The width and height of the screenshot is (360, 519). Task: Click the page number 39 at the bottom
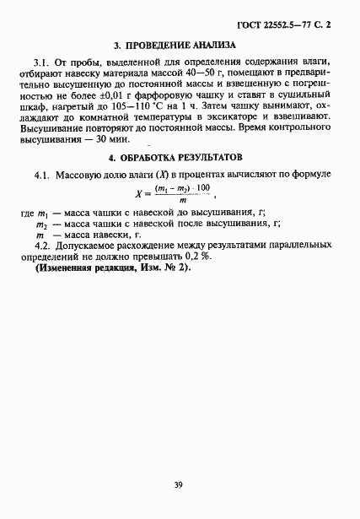[x=179, y=484]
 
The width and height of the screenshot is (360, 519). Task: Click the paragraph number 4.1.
[x=42, y=174]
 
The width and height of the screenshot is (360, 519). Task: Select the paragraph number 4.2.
[x=42, y=245]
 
